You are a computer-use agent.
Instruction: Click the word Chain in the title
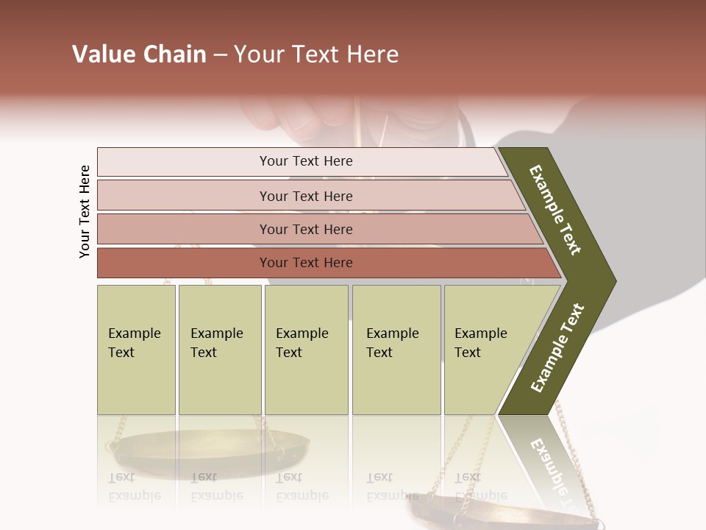(174, 54)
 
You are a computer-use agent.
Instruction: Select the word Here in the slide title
(372, 54)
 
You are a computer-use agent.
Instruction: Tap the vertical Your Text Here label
(85, 212)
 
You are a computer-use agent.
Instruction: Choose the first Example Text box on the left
(136, 350)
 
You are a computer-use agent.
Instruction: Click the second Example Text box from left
(219, 350)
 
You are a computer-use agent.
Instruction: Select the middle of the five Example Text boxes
(306, 350)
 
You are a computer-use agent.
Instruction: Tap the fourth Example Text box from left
(396, 350)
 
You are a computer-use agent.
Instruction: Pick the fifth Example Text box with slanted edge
(485, 350)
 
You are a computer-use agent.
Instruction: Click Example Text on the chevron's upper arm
(555, 211)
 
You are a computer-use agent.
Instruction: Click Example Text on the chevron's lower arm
(557, 348)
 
